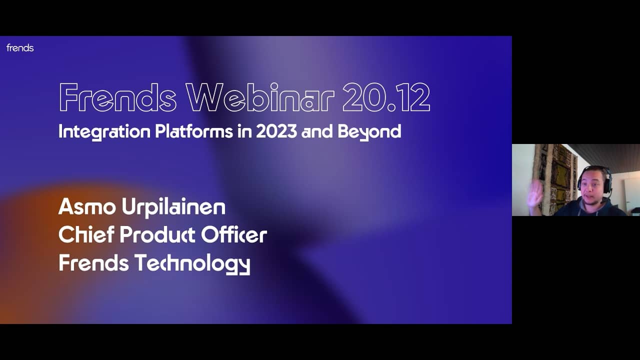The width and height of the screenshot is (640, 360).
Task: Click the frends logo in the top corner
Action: [x=20, y=48]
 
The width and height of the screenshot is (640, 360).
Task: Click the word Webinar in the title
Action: [x=260, y=97]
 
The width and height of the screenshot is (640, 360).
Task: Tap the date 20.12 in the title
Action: [x=386, y=97]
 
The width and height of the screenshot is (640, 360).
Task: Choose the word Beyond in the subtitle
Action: [x=369, y=132]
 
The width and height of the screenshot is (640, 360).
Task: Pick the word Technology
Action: [x=192, y=264]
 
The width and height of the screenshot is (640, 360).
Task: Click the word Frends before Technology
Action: [x=93, y=263]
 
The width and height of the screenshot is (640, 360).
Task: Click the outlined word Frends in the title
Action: [x=117, y=97]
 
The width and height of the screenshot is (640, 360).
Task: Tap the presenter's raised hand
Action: [x=535, y=192]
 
